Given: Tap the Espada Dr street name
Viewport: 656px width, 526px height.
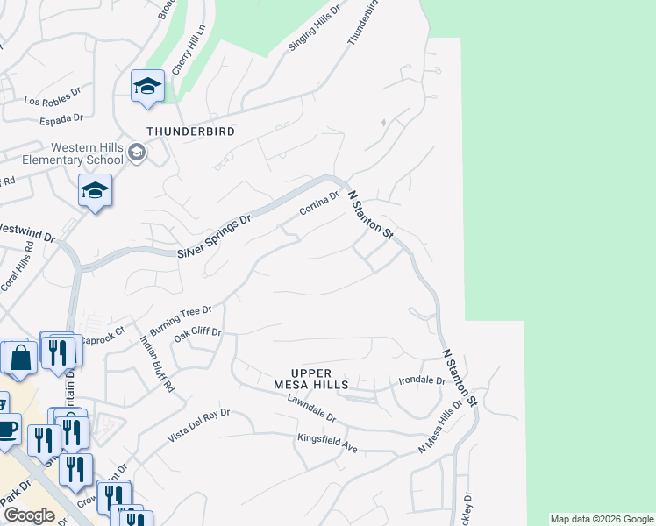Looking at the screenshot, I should (x=62, y=117).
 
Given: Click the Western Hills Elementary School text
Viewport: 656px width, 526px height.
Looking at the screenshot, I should (x=87, y=153).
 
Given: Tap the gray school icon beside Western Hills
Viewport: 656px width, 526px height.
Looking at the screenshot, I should (x=136, y=153).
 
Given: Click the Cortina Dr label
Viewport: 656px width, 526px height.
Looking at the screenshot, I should (x=318, y=204).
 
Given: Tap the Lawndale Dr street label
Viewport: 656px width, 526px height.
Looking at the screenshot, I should (x=311, y=407).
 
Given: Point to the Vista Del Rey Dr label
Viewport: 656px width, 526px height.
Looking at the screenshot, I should (x=199, y=425).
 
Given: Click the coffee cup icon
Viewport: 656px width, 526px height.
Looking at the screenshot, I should (x=8, y=430).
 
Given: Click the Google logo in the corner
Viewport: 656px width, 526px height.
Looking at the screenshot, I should (x=29, y=515).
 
